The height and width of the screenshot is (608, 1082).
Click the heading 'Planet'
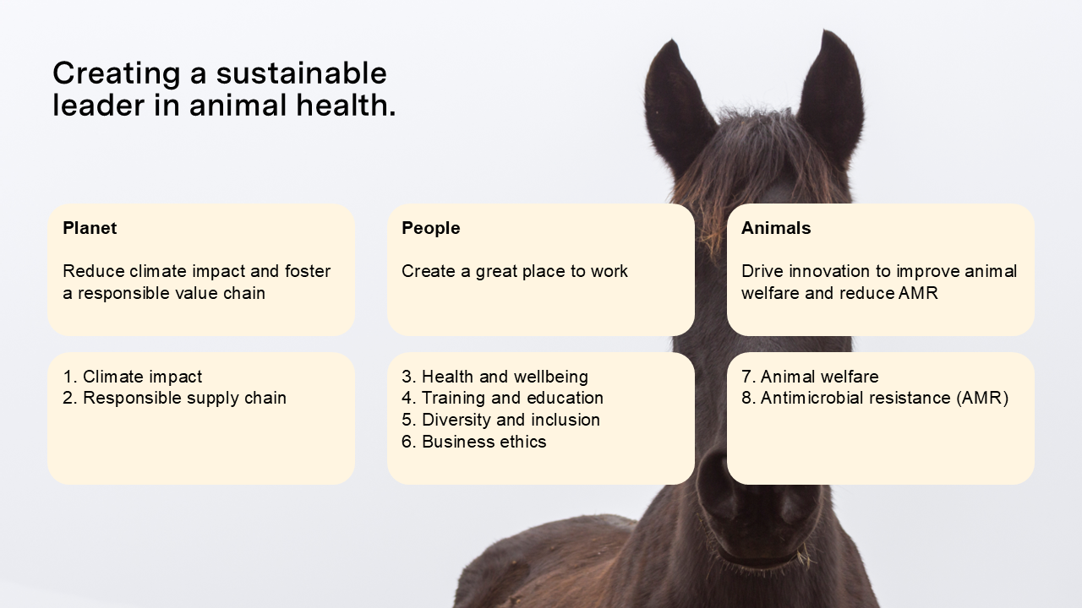pyautogui.click(x=90, y=228)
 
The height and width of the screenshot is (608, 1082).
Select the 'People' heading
pyautogui.click(x=431, y=228)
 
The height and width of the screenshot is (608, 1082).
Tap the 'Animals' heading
pyautogui.click(x=776, y=228)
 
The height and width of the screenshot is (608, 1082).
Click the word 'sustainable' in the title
pyautogui.click(x=302, y=73)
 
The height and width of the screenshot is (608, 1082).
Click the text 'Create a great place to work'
pyautogui.click(x=515, y=271)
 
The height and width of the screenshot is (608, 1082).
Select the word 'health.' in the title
pyautogui.click(x=346, y=106)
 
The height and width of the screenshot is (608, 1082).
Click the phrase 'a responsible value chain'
pyautogui.click(x=164, y=293)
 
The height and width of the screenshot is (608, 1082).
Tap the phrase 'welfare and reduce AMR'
pyautogui.click(x=839, y=293)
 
